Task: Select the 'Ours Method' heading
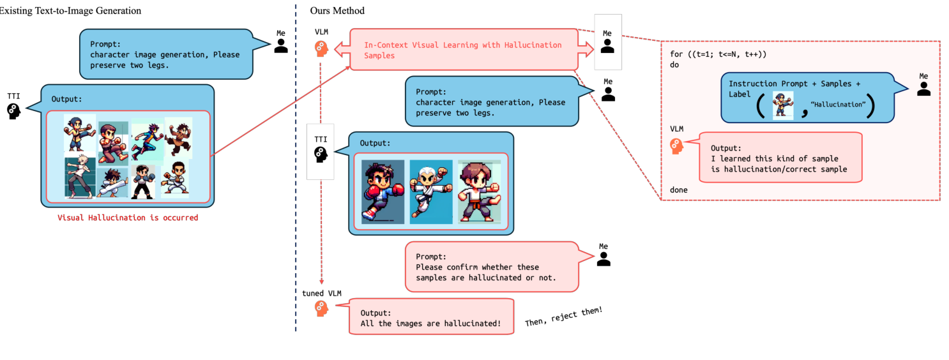click(337, 11)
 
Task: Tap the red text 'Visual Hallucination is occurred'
click(128, 218)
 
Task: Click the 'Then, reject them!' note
click(563, 317)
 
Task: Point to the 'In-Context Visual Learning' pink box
click(462, 50)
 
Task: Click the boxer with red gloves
click(383, 191)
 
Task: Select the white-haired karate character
click(430, 190)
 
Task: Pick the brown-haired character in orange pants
click(478, 191)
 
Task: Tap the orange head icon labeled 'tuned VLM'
click(321, 309)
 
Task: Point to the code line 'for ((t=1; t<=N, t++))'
click(718, 54)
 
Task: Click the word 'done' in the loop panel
click(679, 190)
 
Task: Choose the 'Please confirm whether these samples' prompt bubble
click(490, 266)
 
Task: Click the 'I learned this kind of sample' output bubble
click(780, 157)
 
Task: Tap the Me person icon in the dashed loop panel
click(923, 89)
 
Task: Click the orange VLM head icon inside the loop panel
click(676, 146)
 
